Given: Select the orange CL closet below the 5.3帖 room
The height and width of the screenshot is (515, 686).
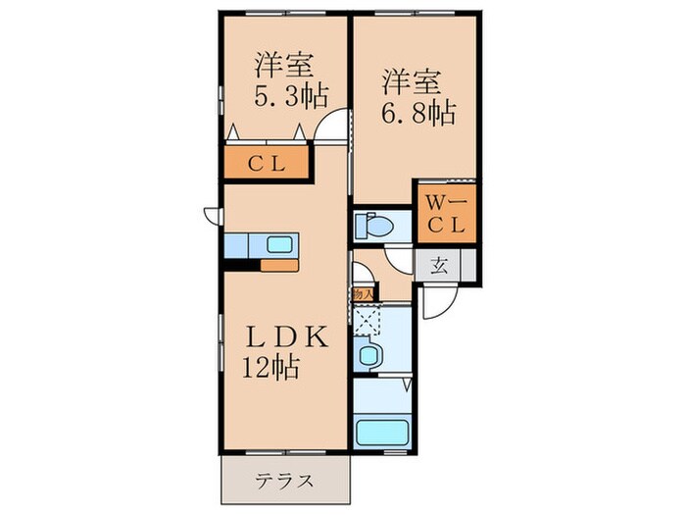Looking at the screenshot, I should (267, 163).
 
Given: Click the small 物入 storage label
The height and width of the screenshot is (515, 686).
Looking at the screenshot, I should (361, 292).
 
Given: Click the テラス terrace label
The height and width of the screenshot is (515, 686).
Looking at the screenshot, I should (285, 481).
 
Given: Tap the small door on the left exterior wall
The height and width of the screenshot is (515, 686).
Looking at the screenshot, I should (211, 217).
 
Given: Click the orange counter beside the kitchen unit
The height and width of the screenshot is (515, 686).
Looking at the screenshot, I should (278, 264).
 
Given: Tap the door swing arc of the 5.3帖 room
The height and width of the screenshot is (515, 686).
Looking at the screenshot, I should (336, 127).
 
